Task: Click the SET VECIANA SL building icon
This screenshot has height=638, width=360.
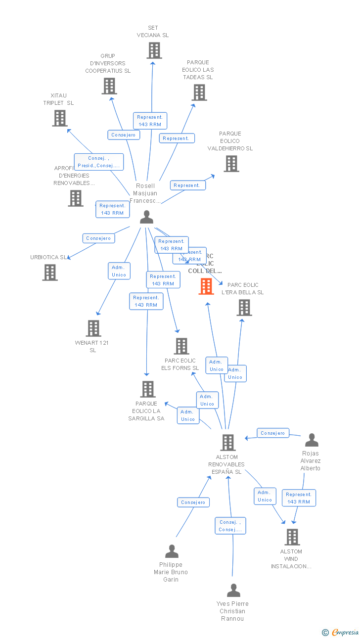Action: click(x=154, y=50)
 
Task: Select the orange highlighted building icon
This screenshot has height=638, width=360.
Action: click(x=206, y=286)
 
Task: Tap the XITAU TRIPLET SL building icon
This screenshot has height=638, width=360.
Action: click(x=60, y=118)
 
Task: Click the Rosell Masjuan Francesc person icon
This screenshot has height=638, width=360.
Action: click(x=146, y=217)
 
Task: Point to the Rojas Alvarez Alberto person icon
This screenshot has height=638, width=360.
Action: click(x=312, y=440)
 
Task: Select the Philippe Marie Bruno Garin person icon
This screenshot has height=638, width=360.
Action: click(x=172, y=551)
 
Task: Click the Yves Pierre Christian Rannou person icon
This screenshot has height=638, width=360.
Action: click(x=233, y=591)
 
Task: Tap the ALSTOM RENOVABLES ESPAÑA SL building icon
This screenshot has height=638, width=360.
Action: click(x=227, y=443)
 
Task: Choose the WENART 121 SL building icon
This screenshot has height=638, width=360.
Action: click(x=93, y=328)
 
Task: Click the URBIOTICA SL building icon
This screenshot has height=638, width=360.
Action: click(x=50, y=273)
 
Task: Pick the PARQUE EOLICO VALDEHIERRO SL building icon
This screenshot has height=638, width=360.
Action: click(x=231, y=164)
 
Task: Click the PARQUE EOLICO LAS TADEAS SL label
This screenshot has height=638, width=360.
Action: click(x=198, y=70)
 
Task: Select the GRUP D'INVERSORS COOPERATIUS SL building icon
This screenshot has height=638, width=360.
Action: click(x=109, y=86)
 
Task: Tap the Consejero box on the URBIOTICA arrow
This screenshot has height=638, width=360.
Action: click(x=98, y=238)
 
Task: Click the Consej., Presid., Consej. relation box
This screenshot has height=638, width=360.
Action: click(x=99, y=162)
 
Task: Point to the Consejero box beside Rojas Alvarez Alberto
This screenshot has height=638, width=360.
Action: click(x=273, y=433)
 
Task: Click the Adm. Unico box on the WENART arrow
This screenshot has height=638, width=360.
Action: click(x=119, y=271)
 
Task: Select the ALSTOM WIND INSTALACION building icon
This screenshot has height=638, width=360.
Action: click(x=292, y=537)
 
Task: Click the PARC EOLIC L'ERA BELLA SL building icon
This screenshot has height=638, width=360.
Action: click(x=244, y=308)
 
